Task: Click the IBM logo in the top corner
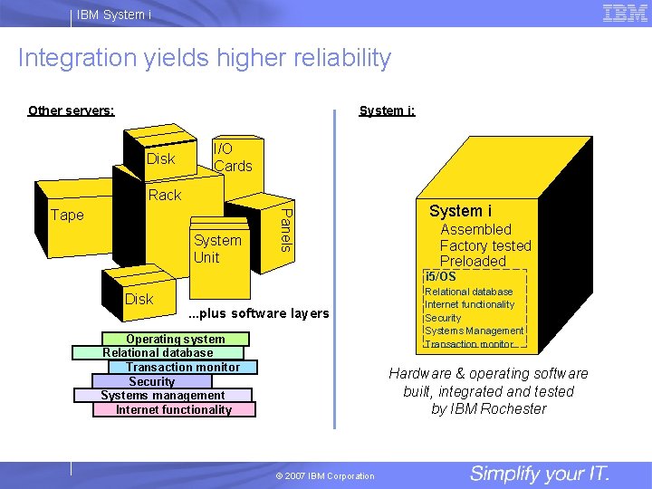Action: point(624,13)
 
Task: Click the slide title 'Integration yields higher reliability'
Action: point(205,59)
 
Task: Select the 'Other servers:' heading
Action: point(71,110)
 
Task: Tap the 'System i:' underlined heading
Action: point(387,110)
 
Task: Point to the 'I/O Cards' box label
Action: point(232,158)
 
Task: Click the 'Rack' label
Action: point(164,195)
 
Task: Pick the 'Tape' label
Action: point(67,215)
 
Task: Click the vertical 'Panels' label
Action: point(284,229)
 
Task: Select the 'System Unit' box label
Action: point(217,248)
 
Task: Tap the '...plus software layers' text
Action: point(258,313)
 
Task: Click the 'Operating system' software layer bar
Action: point(175,339)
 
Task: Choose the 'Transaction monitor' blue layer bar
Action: point(183,367)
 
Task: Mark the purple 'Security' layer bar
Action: point(151,381)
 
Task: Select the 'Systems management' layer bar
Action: point(162,395)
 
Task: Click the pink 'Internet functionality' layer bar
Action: point(173,409)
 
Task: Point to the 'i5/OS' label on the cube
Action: point(441,276)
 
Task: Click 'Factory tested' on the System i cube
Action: point(485,245)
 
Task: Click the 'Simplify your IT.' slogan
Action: point(540,474)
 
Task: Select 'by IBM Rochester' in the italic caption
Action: point(488,408)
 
